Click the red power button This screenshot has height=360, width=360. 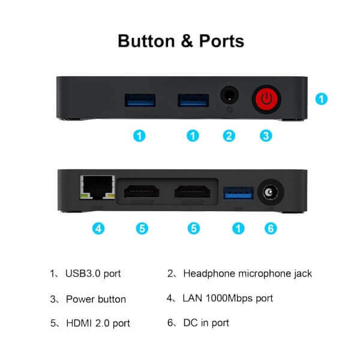pos(266,99)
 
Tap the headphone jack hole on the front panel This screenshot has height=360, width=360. pos(229,95)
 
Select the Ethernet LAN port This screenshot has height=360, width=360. pos(98,187)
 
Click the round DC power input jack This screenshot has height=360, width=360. pos(271,192)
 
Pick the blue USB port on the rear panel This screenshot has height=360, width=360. pos(239,193)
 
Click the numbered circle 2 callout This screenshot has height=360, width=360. pos(229,136)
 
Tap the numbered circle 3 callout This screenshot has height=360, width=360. pos(266,136)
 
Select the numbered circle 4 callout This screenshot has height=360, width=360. pos(98,229)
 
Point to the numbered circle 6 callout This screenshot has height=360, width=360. pos(271,229)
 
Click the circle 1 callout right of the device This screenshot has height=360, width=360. pos(322,99)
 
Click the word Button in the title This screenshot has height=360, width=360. pos(146,41)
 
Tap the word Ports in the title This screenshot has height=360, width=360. pos(221,41)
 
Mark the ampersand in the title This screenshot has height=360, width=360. pos(187,41)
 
